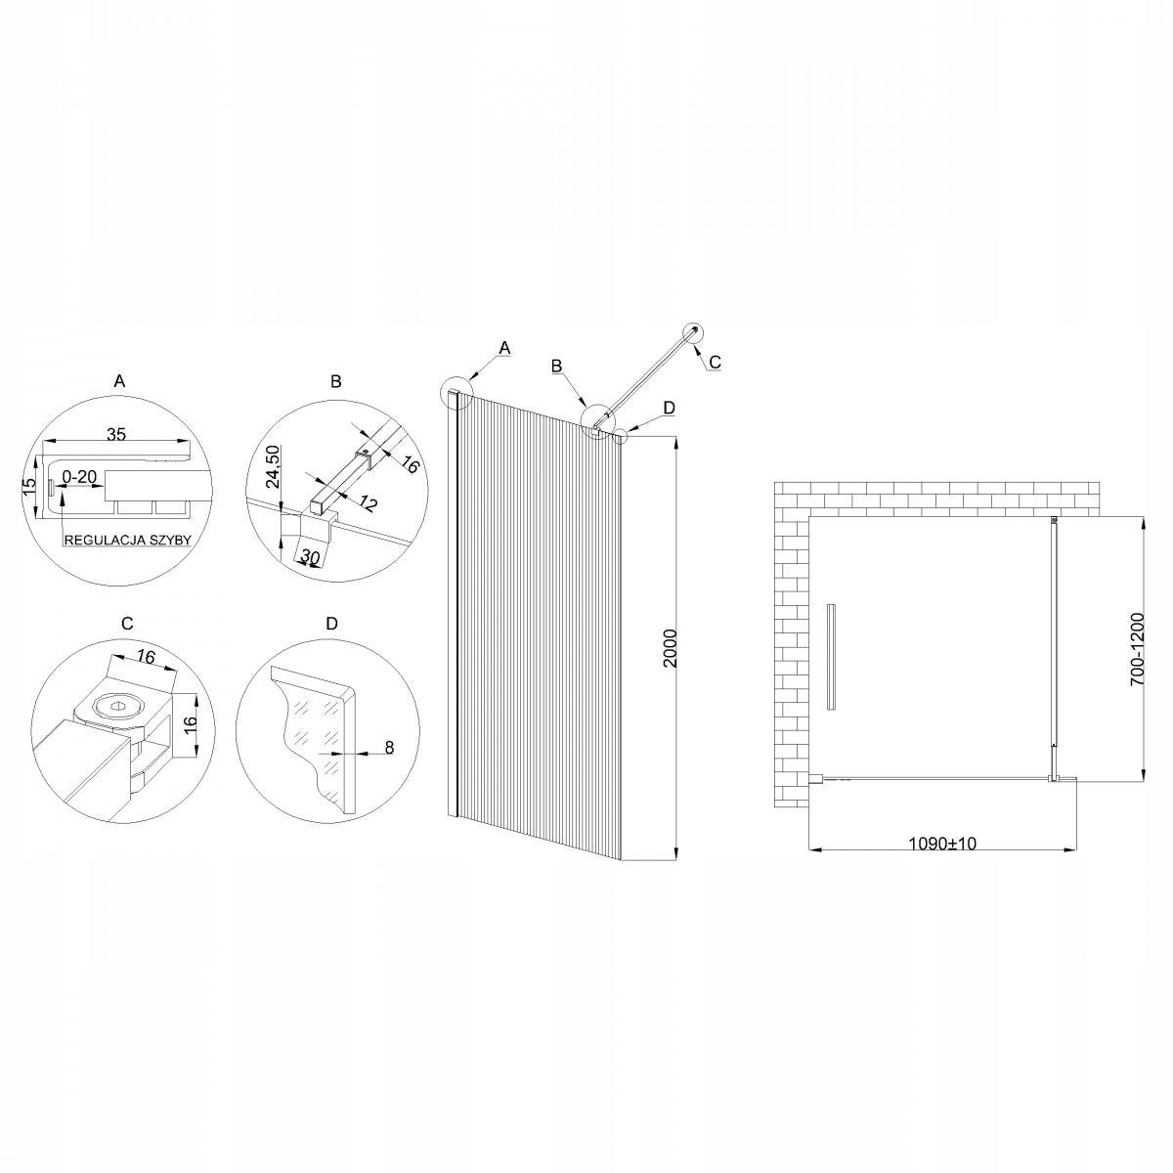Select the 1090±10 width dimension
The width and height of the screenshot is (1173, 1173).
(942, 843)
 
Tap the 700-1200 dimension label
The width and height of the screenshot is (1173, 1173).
(1136, 649)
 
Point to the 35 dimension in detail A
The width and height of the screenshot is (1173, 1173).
(116, 434)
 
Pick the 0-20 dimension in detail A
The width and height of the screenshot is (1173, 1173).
(79, 476)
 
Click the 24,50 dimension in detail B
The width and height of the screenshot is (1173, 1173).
(274, 467)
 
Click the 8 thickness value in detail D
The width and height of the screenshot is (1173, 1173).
(388, 748)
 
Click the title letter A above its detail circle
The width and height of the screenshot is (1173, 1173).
(119, 382)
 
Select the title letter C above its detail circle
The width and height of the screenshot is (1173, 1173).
(126, 623)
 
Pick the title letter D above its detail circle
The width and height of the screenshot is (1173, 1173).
(331, 623)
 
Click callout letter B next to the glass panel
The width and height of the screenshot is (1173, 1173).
(556, 366)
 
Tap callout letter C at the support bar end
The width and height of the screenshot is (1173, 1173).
(715, 362)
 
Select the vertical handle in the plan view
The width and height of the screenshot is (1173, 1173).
(831, 656)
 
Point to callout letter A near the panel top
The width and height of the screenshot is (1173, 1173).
(504, 347)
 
